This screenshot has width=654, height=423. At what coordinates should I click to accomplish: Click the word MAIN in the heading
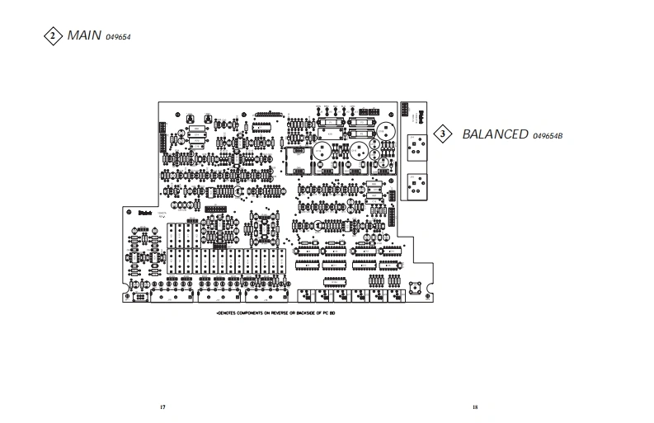pyautogui.click(x=84, y=35)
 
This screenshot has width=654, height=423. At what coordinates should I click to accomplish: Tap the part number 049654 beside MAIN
pyautogui.click(x=120, y=37)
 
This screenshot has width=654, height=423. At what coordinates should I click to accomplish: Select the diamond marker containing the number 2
pyautogui.click(x=54, y=36)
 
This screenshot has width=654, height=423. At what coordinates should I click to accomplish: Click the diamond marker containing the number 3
pyautogui.click(x=443, y=134)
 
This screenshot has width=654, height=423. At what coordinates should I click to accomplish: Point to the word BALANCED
pyautogui.click(x=494, y=134)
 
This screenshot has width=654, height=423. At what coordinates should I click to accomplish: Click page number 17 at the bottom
pyautogui.click(x=163, y=407)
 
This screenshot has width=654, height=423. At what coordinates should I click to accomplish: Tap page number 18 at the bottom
pyautogui.click(x=475, y=407)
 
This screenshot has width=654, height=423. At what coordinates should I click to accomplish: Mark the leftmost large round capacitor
pyautogui.click(x=321, y=152)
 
